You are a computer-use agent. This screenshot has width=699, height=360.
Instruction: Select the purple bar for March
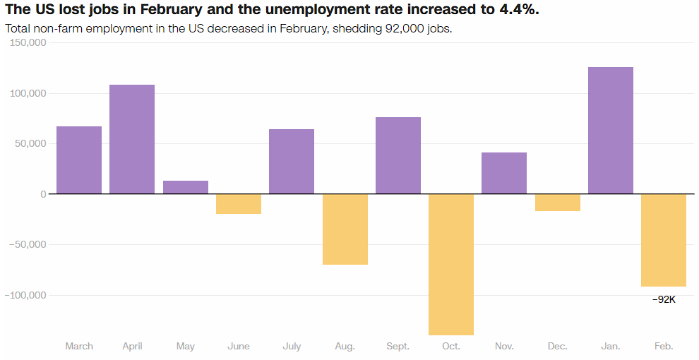79,160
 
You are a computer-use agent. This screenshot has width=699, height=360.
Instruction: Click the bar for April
132,139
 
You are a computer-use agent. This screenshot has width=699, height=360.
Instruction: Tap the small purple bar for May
186,187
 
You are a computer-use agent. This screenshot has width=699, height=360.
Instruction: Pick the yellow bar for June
239,204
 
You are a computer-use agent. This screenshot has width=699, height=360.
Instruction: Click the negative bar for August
345,229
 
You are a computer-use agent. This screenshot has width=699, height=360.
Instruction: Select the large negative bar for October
451,265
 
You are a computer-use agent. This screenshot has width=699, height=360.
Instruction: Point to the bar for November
504,173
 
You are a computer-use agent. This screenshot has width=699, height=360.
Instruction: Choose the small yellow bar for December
558,203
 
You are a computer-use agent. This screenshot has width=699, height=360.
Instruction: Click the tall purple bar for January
611,131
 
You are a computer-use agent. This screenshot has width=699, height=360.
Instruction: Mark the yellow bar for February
664,240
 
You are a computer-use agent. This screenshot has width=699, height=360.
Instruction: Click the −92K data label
664,299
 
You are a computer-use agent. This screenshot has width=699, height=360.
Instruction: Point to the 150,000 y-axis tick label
25,42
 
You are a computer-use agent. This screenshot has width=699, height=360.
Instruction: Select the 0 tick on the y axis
43,194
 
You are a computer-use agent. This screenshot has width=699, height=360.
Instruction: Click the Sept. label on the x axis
398,347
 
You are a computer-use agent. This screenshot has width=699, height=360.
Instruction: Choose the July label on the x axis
292,347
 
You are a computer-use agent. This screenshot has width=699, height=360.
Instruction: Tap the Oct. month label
451,347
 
